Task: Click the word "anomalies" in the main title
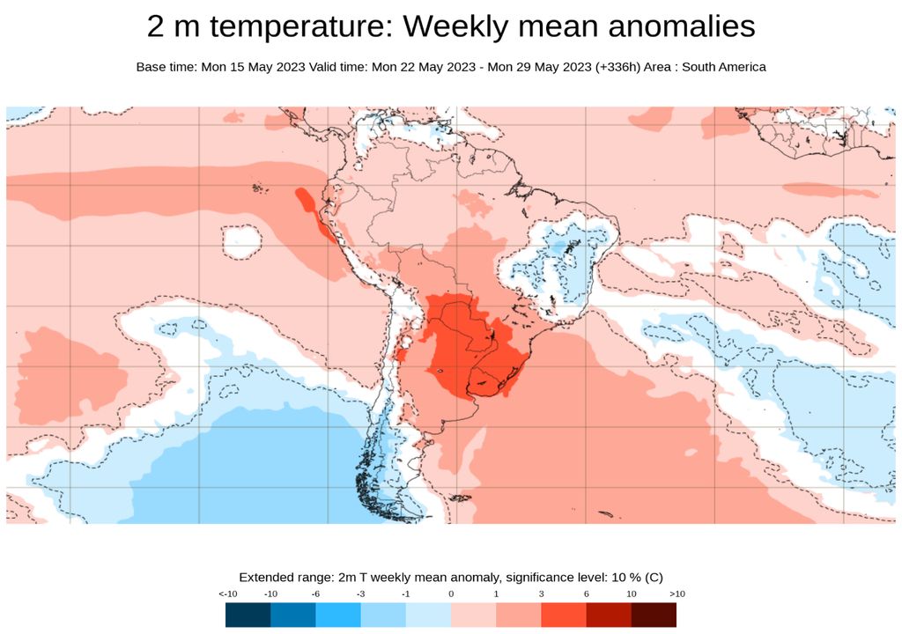(x=674, y=27)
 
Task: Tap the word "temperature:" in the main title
(x=299, y=27)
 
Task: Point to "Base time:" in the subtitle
(x=165, y=67)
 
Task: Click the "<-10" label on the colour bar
(x=226, y=594)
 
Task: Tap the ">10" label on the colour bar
(x=676, y=594)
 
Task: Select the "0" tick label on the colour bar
(x=451, y=594)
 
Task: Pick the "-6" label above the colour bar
(x=315, y=594)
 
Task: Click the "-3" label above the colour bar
(x=360, y=594)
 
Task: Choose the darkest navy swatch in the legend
(x=248, y=615)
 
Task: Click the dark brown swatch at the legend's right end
(x=654, y=615)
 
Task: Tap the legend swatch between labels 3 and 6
(x=564, y=615)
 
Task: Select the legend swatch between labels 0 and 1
(x=473, y=615)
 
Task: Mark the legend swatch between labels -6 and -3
(x=338, y=615)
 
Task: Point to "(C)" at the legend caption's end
(x=653, y=578)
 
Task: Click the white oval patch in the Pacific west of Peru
(x=241, y=240)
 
